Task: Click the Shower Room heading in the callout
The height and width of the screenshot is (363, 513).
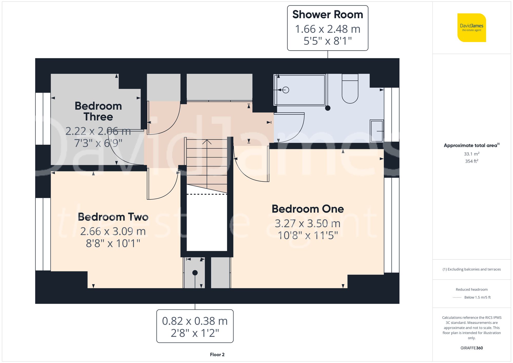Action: click(328, 15)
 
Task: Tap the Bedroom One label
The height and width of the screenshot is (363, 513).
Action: click(308, 209)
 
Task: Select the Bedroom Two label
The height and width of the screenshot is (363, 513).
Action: click(113, 217)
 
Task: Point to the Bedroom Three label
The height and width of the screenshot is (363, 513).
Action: click(98, 111)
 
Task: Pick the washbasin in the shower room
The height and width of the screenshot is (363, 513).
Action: click(377, 131)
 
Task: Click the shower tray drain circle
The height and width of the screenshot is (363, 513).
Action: click(286, 90)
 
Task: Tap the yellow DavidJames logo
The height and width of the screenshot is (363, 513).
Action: click(471, 28)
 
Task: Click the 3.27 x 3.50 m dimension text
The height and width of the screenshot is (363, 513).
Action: click(308, 223)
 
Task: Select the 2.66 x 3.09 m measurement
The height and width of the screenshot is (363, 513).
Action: click(113, 231)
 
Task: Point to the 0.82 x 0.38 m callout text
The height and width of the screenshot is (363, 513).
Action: click(195, 321)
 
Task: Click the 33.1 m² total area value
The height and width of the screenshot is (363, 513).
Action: click(471, 154)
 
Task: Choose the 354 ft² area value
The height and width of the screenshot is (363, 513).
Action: click(471, 161)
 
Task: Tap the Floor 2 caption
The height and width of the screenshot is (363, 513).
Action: click(217, 355)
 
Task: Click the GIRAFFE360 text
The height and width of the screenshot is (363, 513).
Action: click(471, 348)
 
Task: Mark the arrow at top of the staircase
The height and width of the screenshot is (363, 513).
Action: click(207, 142)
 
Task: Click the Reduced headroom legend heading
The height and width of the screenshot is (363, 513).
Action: click(471, 290)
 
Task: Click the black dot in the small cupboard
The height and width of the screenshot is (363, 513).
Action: click(195, 273)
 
